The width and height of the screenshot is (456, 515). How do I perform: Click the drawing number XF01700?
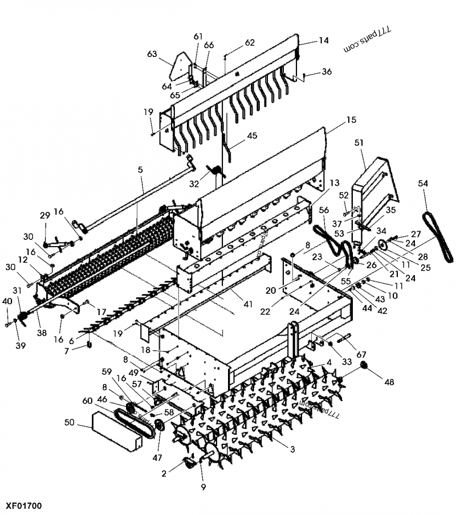click(23, 505)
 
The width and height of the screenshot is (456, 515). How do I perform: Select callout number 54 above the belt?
click(422, 183)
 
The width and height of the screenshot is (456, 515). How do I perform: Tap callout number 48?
click(389, 382)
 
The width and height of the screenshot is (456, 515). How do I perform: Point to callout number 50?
click(70, 423)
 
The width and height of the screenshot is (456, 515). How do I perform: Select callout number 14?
click(324, 41)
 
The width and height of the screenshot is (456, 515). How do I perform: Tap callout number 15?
click(351, 120)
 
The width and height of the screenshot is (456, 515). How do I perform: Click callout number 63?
click(152, 55)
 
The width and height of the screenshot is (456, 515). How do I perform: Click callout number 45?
click(251, 136)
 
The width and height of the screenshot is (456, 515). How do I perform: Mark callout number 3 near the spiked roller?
click(292, 449)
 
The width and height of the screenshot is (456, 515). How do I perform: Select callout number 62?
click(250, 43)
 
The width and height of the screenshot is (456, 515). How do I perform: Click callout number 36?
click(327, 72)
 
